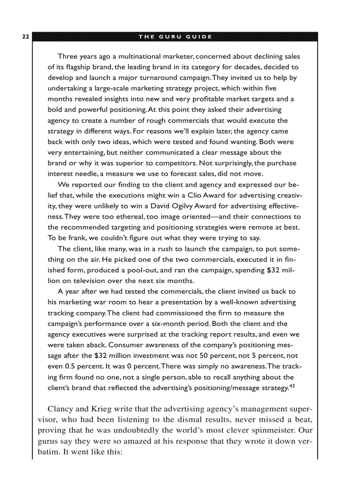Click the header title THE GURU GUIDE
(x=175, y=36)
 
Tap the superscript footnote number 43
(x=292, y=386)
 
